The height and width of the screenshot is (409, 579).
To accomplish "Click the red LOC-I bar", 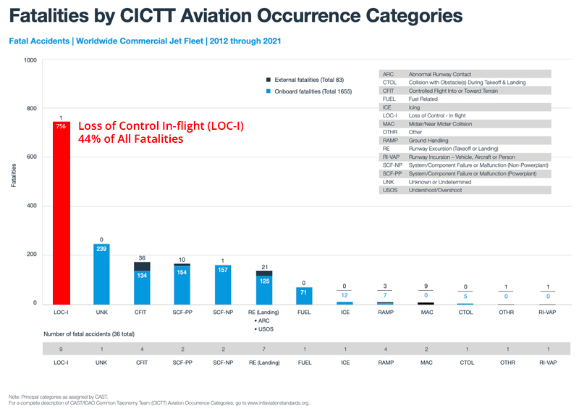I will pos(62,218).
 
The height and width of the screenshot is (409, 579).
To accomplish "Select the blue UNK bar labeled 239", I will pos(102,276).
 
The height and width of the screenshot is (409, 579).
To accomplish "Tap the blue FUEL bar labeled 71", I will pos(305,294).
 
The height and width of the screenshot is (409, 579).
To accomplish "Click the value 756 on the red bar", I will pos(62,126).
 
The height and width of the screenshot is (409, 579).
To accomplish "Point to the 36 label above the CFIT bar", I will pos(142,257).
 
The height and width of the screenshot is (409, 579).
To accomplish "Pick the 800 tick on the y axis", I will pos(30,109).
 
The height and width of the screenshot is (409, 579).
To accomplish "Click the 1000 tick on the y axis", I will pos(30,60).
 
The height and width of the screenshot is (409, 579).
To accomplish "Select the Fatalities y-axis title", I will pos(14,176).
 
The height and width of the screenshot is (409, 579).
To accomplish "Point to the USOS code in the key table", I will pos(389,190).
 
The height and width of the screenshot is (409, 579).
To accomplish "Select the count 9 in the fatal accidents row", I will pos(62,350).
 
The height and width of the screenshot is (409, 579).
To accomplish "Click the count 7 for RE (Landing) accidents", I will pos(264,350).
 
